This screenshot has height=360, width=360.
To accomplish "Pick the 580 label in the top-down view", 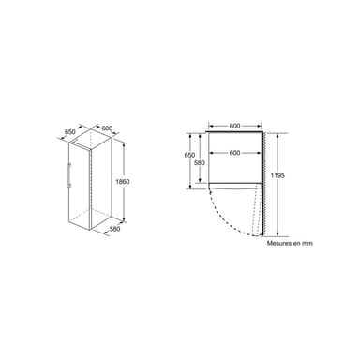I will point(199,165).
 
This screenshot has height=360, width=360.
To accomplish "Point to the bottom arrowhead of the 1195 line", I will point(283,233).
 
